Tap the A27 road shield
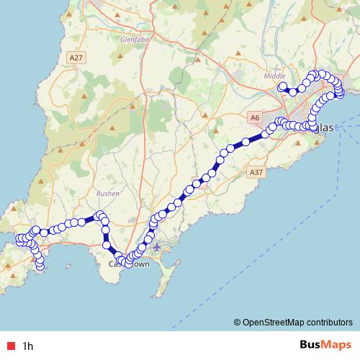click(76, 58)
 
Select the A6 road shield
click(255, 117)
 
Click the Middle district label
click(274, 76)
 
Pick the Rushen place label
click(107, 193)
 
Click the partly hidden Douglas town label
click(325, 127)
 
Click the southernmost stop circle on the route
click(40, 267)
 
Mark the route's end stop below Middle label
click(282, 87)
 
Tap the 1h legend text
click(28, 346)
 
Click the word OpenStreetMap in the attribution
click(274, 323)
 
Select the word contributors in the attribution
click(330, 323)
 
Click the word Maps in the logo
click(336, 345)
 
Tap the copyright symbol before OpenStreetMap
click(237, 323)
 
